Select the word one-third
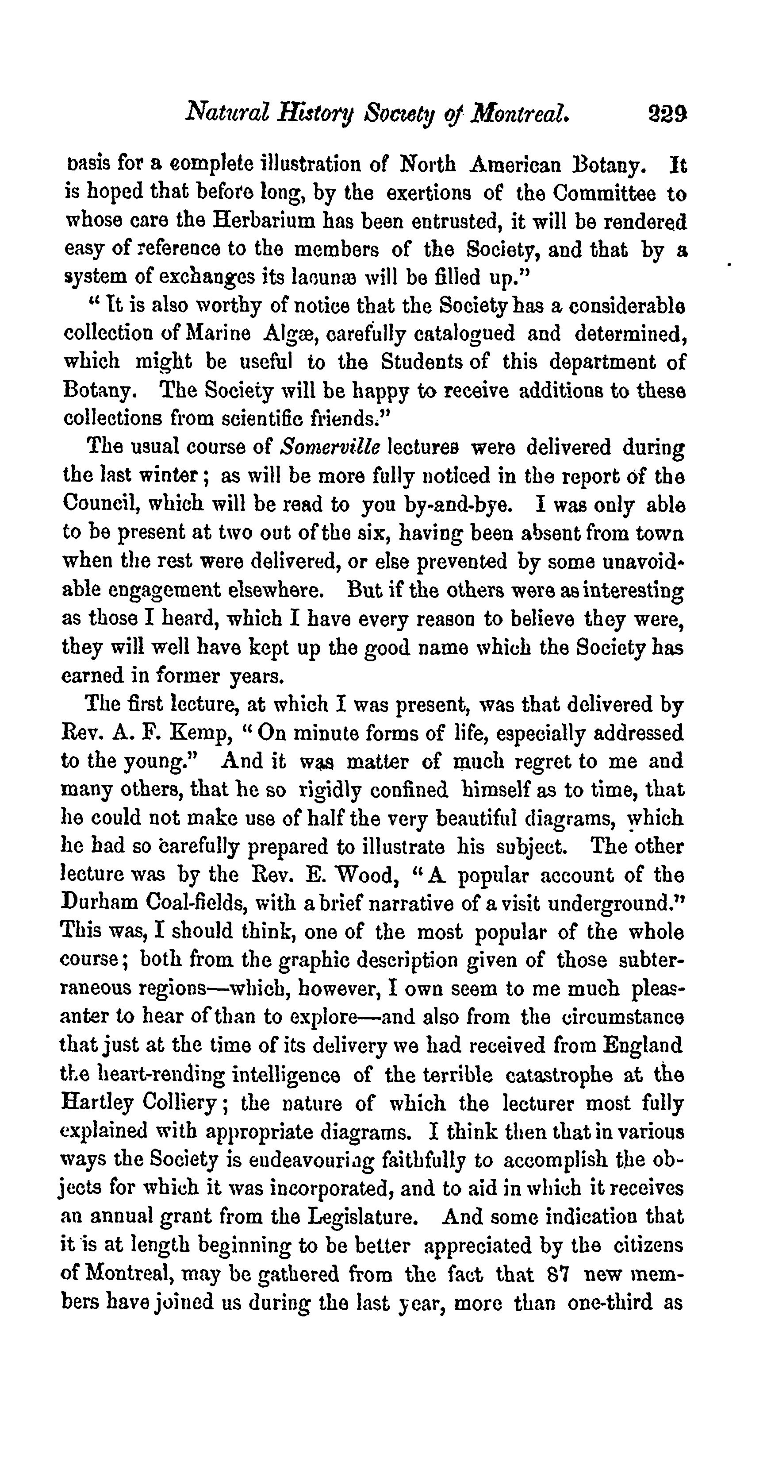point(610,1302)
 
